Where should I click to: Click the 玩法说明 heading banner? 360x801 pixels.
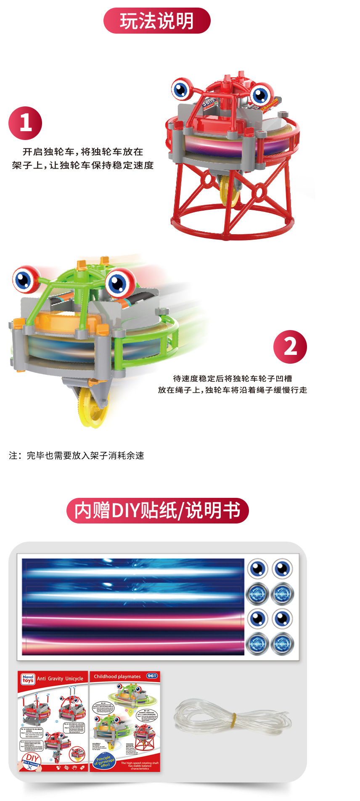coord(157,21)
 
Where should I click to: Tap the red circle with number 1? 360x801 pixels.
coord(25,123)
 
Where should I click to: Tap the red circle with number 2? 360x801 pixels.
coord(290,347)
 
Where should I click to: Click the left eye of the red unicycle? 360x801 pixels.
coord(182,89)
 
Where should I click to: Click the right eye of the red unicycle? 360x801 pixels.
coord(261,95)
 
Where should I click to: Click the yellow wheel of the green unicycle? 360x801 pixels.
coord(93,406)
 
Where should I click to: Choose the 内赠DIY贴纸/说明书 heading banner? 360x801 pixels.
coord(157,510)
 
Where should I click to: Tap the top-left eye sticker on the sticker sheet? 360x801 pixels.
coord(257,569)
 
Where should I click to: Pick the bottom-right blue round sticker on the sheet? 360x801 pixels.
coord(282,644)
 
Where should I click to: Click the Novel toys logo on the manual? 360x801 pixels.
coord(28,679)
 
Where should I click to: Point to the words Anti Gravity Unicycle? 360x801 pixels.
coord(60,679)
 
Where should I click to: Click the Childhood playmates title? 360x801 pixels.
coord(117,677)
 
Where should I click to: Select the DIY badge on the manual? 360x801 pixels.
coord(30,759)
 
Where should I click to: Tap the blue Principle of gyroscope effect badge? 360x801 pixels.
coord(104,761)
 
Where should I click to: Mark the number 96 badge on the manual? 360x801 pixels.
coord(152,676)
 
